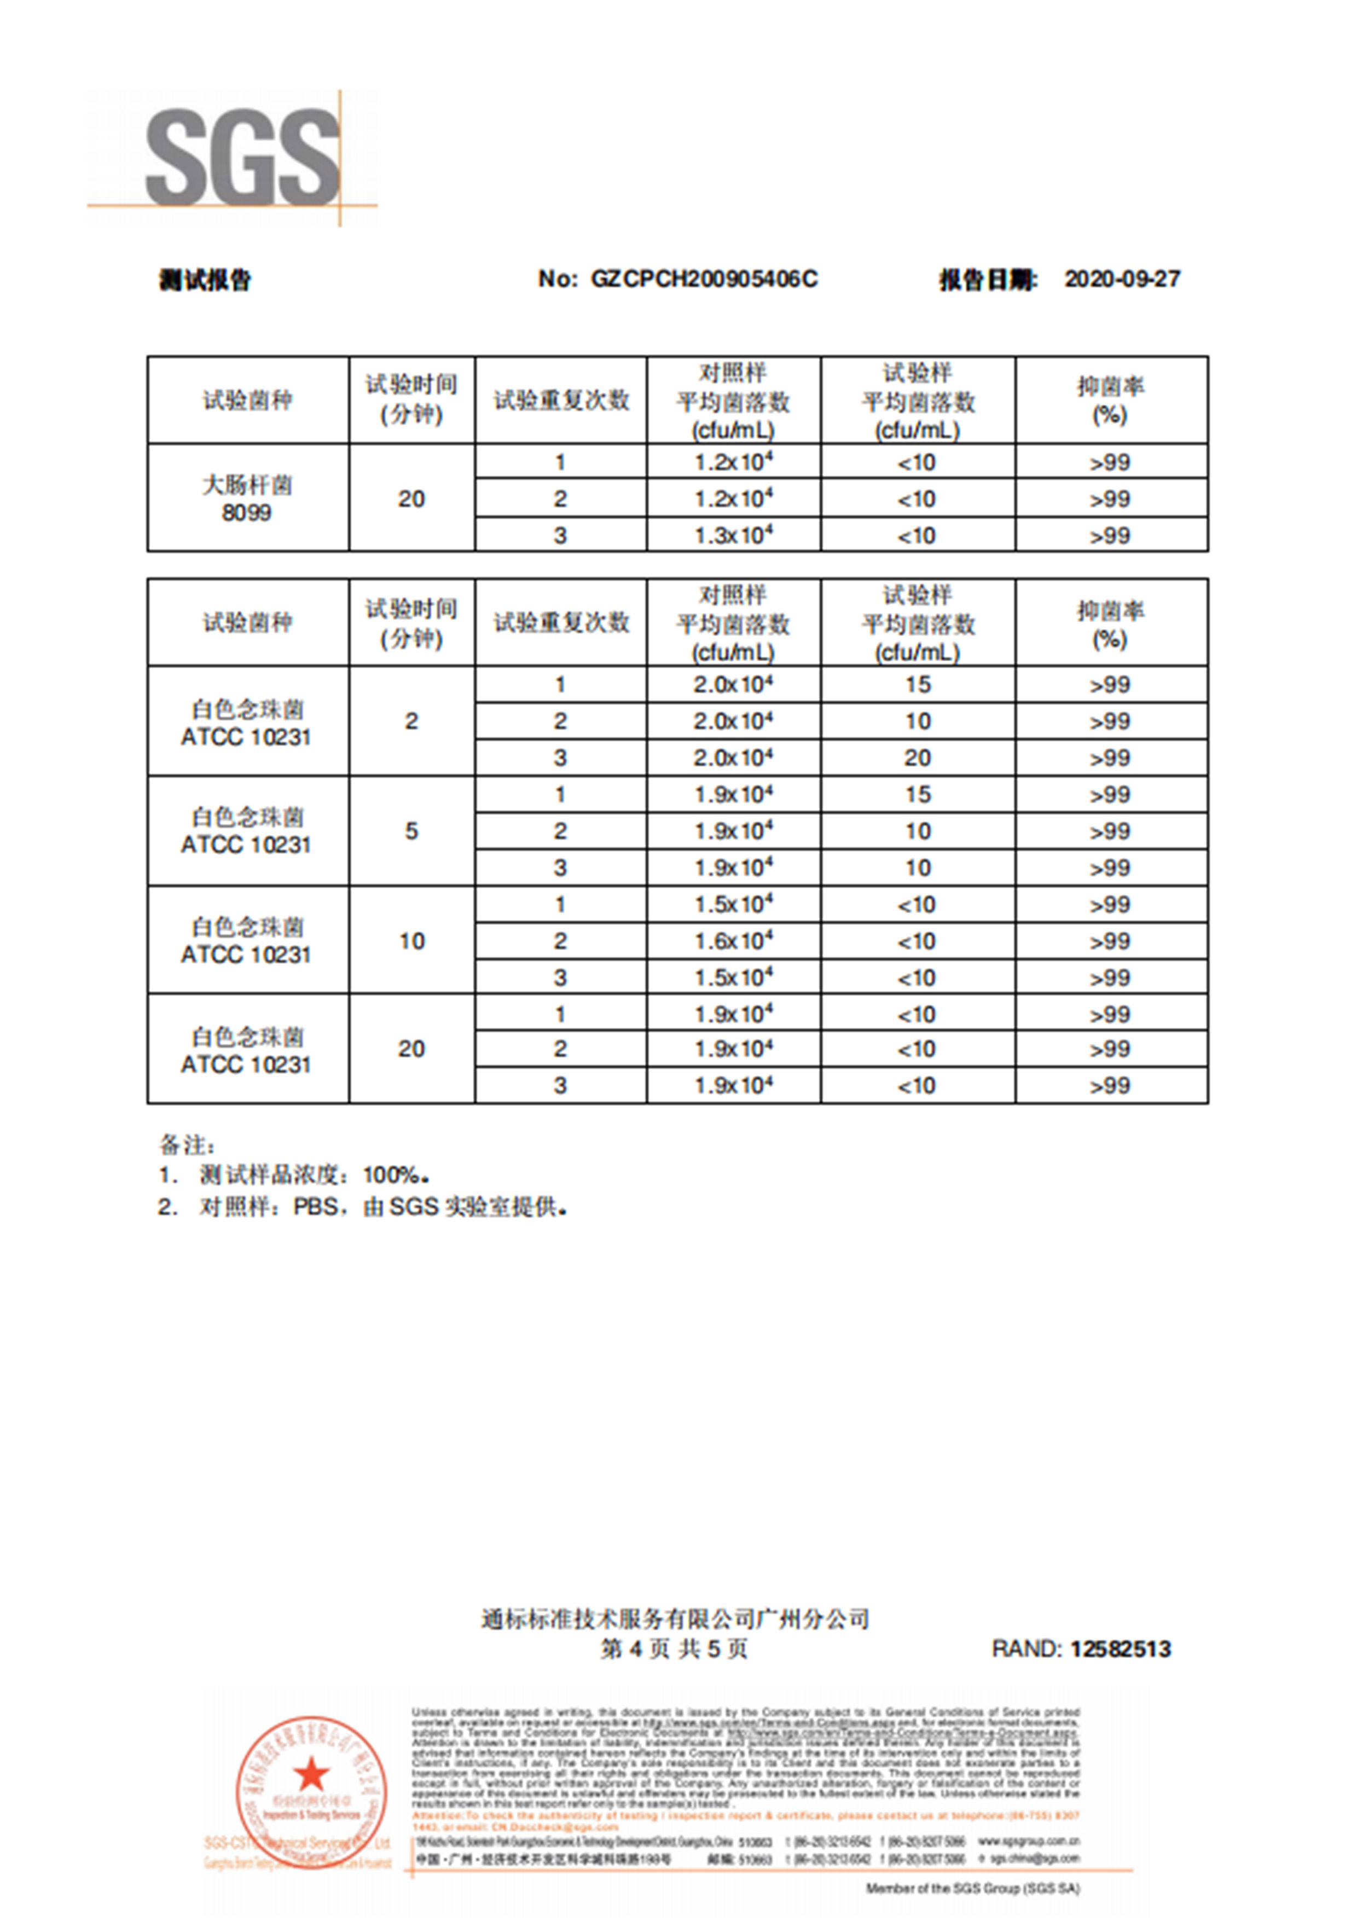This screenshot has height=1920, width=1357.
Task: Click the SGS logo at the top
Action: [242, 157]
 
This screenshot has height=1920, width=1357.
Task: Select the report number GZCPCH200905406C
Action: [704, 279]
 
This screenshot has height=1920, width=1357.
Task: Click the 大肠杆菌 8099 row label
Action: [247, 499]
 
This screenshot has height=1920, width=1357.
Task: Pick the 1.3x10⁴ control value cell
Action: [733, 535]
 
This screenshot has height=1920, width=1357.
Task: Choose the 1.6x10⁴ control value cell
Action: [733, 941]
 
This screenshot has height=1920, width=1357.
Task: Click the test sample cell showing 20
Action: [917, 757]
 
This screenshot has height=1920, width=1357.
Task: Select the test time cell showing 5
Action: [411, 831]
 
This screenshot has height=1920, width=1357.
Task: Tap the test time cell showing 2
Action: [411, 721]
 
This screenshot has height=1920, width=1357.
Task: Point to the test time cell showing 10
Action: [411, 941]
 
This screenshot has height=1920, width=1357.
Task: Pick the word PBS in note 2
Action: [316, 1207]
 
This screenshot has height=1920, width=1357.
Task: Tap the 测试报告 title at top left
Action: [205, 279]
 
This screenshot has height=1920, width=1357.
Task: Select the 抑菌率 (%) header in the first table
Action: [1110, 400]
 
